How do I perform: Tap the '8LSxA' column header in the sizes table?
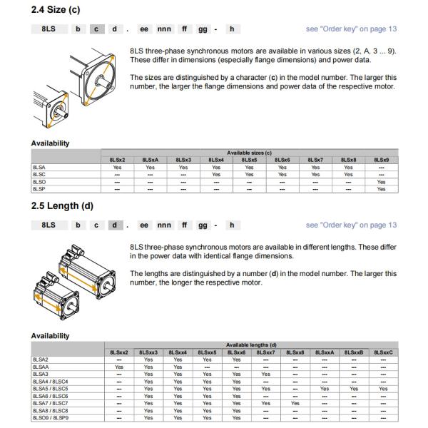coord(150,160)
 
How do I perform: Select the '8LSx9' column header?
coord(381,160)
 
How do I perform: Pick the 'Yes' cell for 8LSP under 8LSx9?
coord(381,189)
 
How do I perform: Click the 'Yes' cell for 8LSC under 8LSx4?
coord(216,174)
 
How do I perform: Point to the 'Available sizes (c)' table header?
coord(250,153)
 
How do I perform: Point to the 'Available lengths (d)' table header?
coord(252,345)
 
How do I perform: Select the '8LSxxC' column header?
coord(383,352)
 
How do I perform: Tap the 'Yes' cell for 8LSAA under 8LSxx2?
coord(119,367)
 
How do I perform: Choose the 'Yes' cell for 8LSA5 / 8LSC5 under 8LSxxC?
coord(383,389)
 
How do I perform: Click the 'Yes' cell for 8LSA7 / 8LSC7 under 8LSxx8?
coord(295,403)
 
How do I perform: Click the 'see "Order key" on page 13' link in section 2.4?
coord(351,29)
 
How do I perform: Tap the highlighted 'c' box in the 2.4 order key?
coord(95,29)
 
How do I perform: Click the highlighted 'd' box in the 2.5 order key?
coord(113,225)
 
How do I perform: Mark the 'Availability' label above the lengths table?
coord(50,335)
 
